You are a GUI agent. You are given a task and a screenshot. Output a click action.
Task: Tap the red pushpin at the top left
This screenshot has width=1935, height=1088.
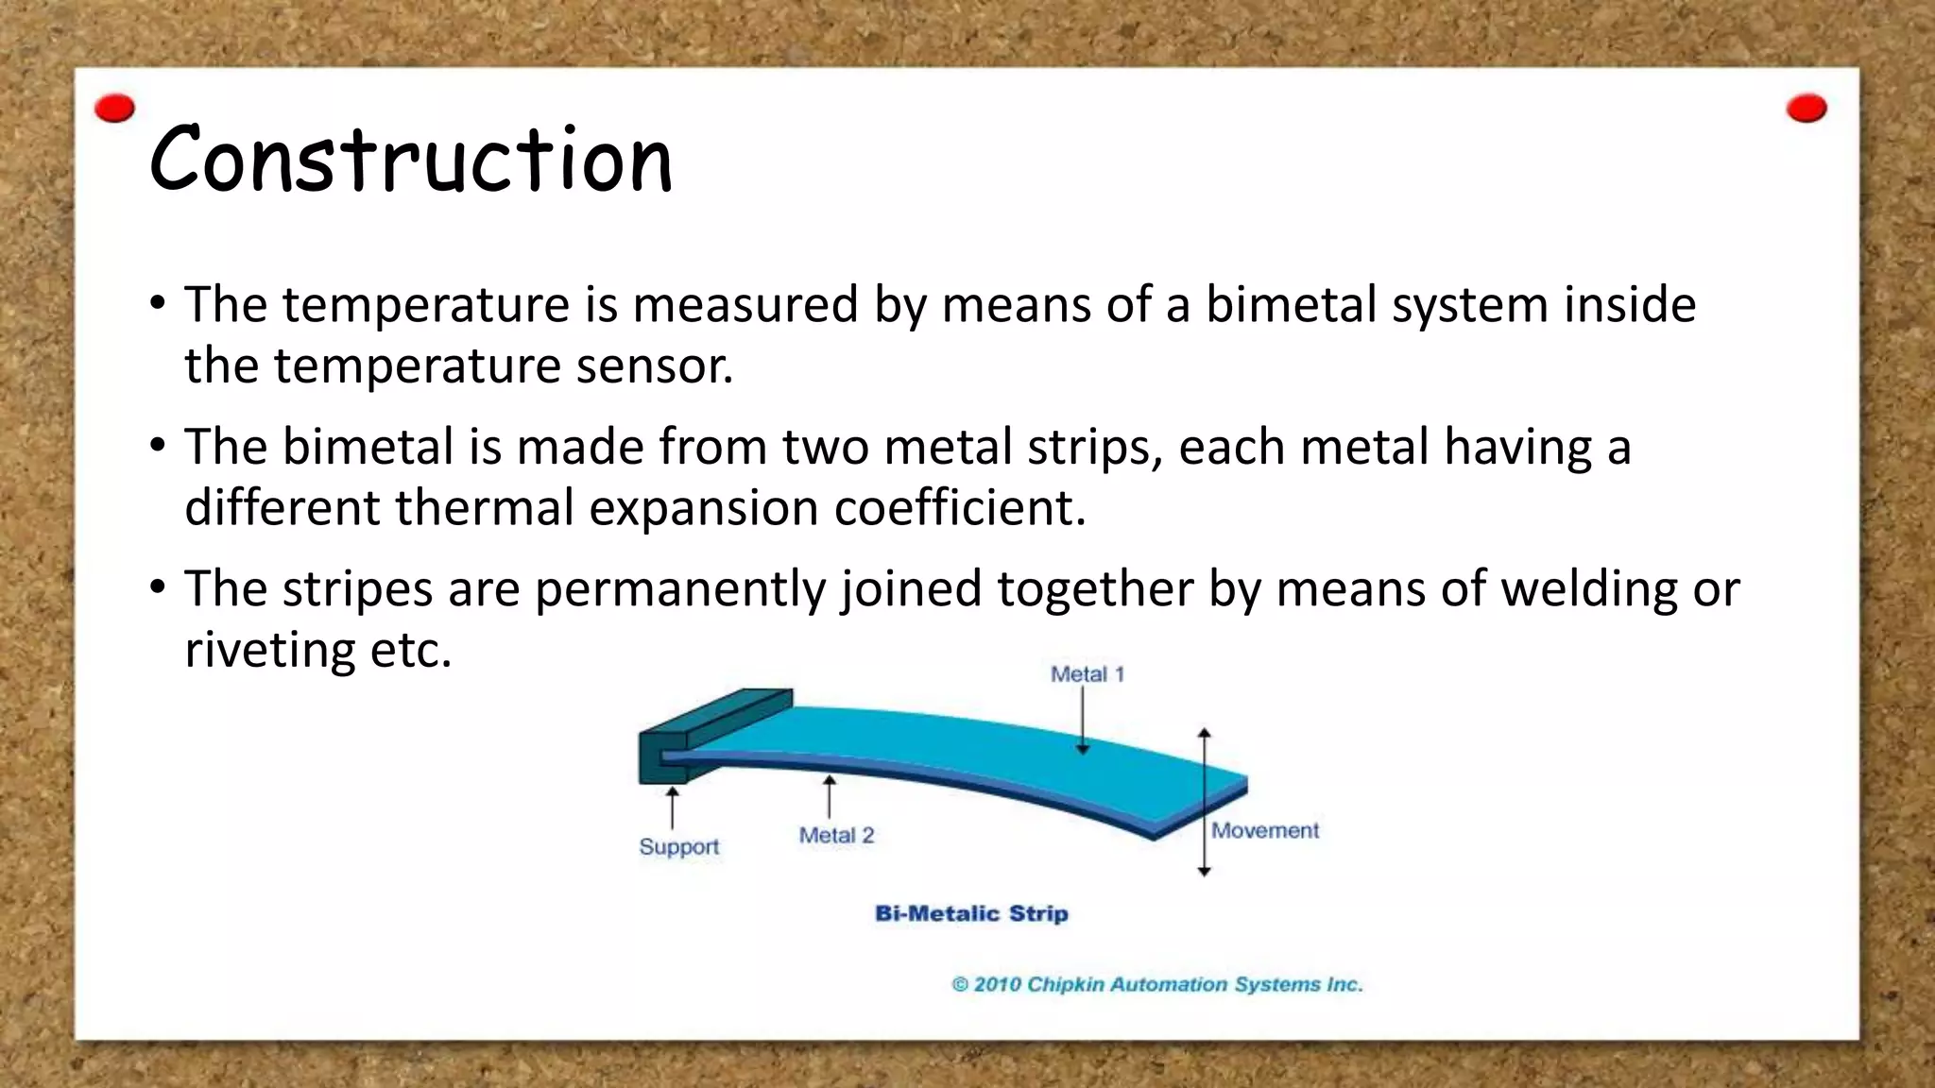coord(115,109)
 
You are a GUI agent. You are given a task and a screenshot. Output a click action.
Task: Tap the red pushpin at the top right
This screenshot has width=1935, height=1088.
coord(1807,109)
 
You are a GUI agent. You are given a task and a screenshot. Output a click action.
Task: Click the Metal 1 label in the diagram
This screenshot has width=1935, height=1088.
coord(1087,674)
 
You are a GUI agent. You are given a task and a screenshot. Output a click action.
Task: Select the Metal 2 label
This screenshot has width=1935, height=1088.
coord(836,835)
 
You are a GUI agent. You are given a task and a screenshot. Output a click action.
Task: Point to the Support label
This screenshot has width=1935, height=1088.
coord(678,846)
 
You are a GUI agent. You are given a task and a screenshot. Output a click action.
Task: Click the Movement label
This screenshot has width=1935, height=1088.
coord(1264,830)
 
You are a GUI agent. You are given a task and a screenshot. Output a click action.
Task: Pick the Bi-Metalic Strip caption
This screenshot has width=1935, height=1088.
coord(971,913)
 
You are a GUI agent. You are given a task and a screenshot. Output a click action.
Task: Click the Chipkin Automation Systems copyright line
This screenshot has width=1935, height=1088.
coord(1157,984)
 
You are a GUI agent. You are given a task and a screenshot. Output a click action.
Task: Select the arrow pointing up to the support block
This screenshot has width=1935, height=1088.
coord(672,808)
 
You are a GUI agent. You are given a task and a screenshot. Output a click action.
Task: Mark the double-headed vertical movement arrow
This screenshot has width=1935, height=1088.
coord(1204,802)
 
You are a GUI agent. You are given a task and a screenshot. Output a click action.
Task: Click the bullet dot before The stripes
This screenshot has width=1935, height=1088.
coord(158,588)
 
